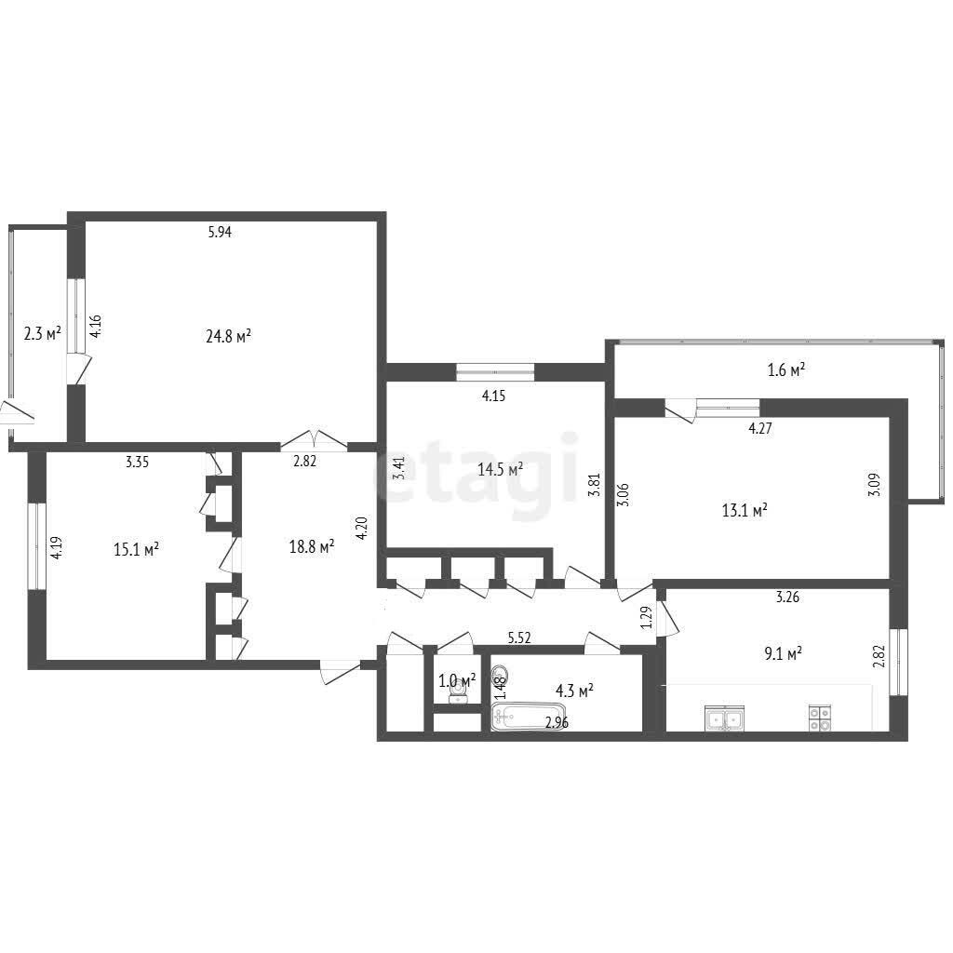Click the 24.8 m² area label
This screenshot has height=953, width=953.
(229, 336)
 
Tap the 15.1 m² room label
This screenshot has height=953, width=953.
(136, 549)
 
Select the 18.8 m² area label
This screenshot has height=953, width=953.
(312, 547)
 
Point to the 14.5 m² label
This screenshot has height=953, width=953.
(500, 469)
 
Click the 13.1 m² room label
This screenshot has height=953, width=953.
(745, 510)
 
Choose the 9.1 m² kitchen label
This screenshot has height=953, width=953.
(784, 654)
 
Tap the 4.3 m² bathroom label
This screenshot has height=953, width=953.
(574, 691)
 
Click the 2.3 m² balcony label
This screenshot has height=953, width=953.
(42, 333)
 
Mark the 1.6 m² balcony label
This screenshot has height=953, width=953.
(786, 369)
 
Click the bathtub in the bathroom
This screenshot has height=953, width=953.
(529, 718)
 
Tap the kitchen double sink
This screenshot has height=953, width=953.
(724, 718)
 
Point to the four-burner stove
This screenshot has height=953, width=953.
(821, 718)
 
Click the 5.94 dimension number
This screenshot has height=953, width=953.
(220, 232)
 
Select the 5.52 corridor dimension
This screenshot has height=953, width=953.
(519, 638)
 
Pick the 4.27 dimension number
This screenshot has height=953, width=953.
(760, 428)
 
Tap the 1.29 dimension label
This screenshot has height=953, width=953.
(647, 618)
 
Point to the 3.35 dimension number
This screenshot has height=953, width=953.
(138, 462)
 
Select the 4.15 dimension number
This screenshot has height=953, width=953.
(493, 396)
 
